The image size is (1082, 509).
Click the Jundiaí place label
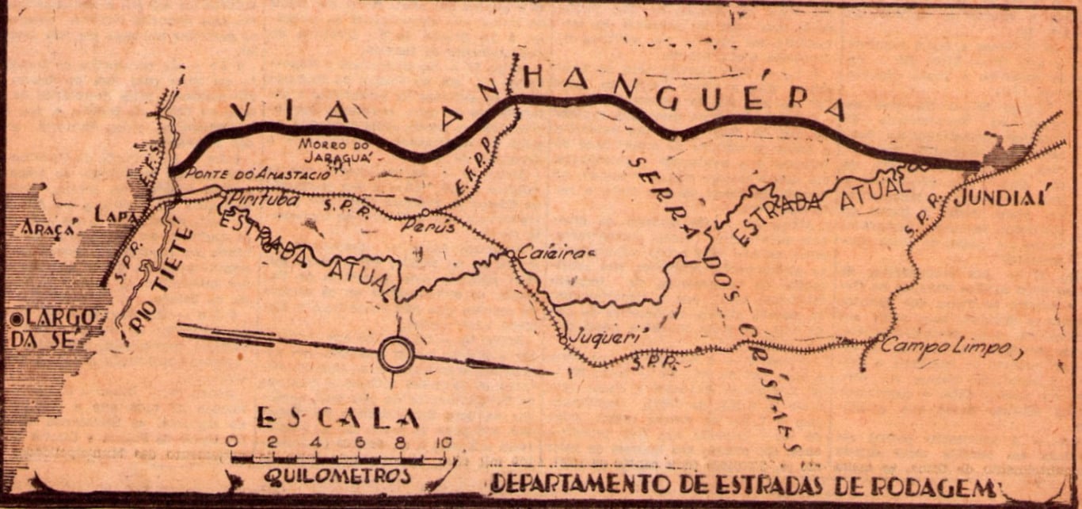tap(1002, 196)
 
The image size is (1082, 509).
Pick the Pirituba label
tap(263, 199)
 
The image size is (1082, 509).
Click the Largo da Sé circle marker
tap(16, 320)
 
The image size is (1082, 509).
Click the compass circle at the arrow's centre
tap(396, 354)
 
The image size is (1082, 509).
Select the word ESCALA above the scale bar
tap(337, 418)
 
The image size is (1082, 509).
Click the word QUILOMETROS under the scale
tap(338, 476)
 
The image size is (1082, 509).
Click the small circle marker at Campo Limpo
tap(879, 339)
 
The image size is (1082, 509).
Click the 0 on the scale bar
tap(230, 442)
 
